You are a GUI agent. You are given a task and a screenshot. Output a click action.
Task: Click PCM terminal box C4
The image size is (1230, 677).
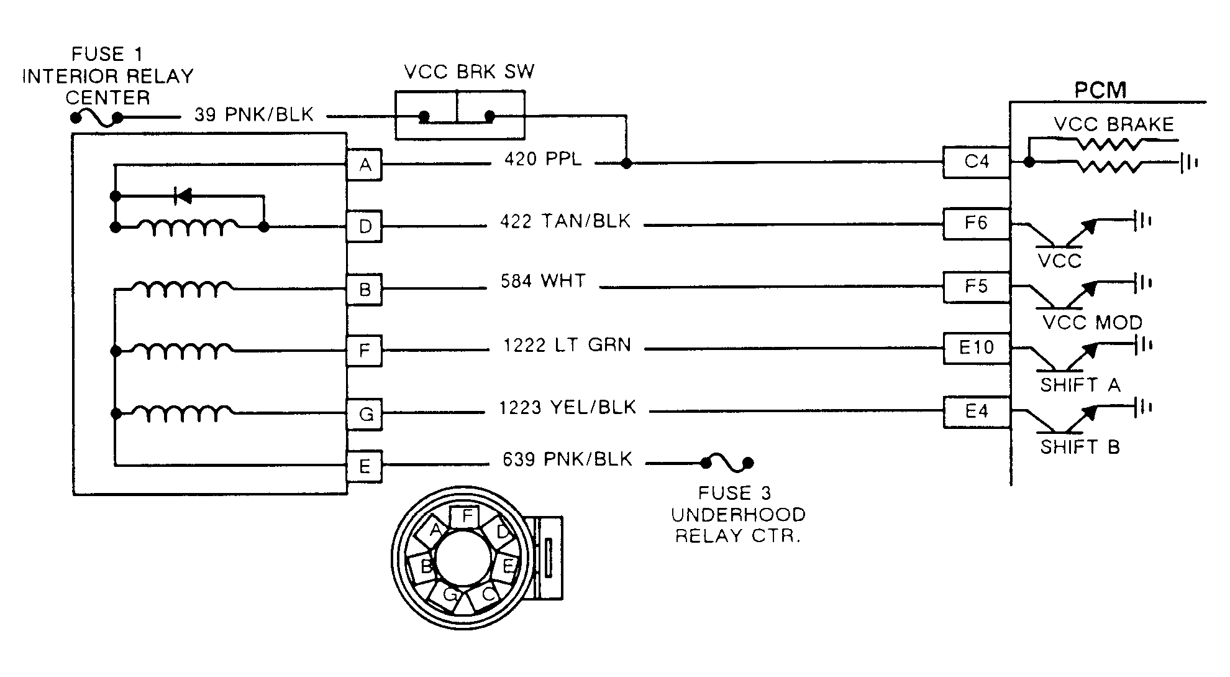pos(976,162)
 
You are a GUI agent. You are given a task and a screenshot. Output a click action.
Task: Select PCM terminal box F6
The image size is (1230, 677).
pos(976,223)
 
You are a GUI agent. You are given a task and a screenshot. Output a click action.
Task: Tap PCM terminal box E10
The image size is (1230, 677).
pos(976,348)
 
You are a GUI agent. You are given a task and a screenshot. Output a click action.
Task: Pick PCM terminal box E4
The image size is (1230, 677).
pos(976,412)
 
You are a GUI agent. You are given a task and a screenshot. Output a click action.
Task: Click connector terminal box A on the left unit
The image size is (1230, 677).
pos(365,165)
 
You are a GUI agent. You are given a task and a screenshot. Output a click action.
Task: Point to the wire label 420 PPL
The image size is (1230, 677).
pos(543,160)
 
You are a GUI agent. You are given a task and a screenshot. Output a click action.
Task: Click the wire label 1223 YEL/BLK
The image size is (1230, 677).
pos(567,408)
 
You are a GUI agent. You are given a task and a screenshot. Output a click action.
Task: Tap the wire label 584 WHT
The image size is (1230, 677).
pos(543,282)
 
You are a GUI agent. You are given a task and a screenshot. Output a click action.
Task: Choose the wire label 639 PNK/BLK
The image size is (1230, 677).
pos(567,459)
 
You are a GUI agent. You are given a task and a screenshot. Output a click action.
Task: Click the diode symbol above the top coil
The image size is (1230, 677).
pos(184,196)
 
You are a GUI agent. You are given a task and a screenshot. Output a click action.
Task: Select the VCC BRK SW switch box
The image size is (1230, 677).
pos(459,115)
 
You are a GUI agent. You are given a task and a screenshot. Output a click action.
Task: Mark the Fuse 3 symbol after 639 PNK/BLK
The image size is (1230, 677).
pos(727,463)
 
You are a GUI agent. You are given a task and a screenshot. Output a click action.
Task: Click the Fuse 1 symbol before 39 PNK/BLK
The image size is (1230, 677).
pos(97,117)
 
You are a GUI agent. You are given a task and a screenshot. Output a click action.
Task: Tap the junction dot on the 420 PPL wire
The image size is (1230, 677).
pos(627,163)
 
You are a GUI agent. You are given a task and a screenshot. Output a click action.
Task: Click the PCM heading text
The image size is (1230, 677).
pos(1100,91)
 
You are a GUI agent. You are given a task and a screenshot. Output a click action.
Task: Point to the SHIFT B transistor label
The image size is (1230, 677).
pos(1080,447)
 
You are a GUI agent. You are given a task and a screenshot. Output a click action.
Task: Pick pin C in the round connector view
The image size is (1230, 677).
pos(488,595)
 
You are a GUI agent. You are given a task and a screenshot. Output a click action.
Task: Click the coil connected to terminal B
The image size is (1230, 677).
pos(183,288)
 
